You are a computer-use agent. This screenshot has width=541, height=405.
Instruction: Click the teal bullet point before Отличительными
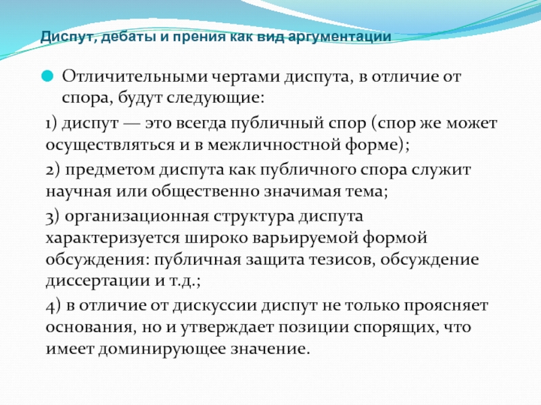pos(47,76)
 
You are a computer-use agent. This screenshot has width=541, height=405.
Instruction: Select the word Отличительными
pos(135,76)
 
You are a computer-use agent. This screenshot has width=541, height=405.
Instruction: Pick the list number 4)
pos(53,306)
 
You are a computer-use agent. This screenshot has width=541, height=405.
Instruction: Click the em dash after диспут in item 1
pos(131,124)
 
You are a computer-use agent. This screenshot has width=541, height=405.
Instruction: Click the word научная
pos(78,192)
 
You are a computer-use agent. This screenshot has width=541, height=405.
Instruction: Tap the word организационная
pos(137,217)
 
